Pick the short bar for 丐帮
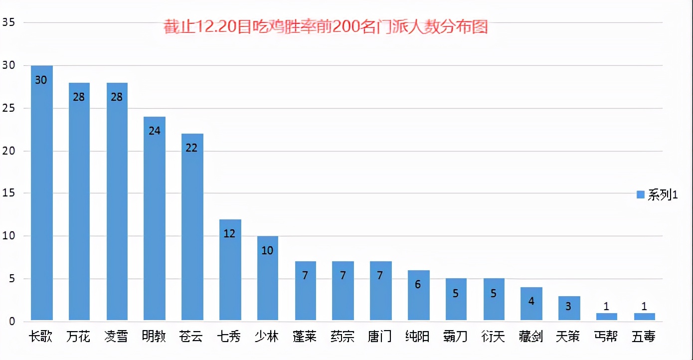[x=606, y=317]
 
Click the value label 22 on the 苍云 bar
[x=191, y=148]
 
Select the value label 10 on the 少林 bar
[x=267, y=250]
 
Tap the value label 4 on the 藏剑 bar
[x=531, y=301]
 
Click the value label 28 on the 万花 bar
[x=78, y=97]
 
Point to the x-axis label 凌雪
[x=116, y=337]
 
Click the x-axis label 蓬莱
[x=305, y=337]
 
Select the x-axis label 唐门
[x=380, y=337]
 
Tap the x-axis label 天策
[x=568, y=337]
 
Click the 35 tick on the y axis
[x=8, y=22]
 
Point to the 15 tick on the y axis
[x=8, y=193]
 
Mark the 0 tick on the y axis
[x=11, y=321]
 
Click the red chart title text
[x=326, y=26]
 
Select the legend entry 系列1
[x=657, y=195]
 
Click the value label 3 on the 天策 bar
[x=568, y=307]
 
